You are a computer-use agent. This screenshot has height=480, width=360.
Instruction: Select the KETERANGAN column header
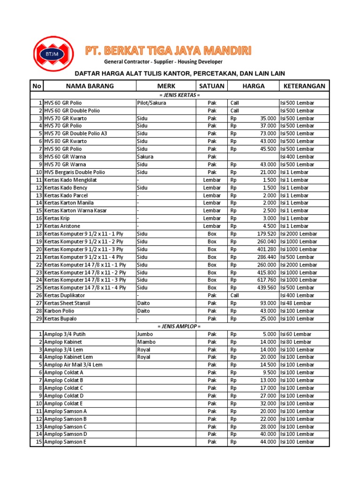click(x=304, y=86)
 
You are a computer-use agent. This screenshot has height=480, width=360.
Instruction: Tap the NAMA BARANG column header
click(x=90, y=86)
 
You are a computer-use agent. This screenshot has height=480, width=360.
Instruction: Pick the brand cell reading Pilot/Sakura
click(x=151, y=103)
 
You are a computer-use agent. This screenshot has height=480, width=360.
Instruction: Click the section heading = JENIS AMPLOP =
click(x=179, y=326)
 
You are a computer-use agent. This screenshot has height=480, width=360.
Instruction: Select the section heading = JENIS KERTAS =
click(x=179, y=95)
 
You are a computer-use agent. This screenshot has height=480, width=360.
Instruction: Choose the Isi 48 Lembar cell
click(x=296, y=303)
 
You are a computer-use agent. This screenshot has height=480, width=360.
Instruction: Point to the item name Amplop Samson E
click(x=65, y=442)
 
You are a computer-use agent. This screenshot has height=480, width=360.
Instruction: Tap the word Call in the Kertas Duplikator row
click(x=235, y=295)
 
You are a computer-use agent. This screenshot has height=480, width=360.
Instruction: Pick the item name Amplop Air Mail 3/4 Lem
click(x=73, y=365)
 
